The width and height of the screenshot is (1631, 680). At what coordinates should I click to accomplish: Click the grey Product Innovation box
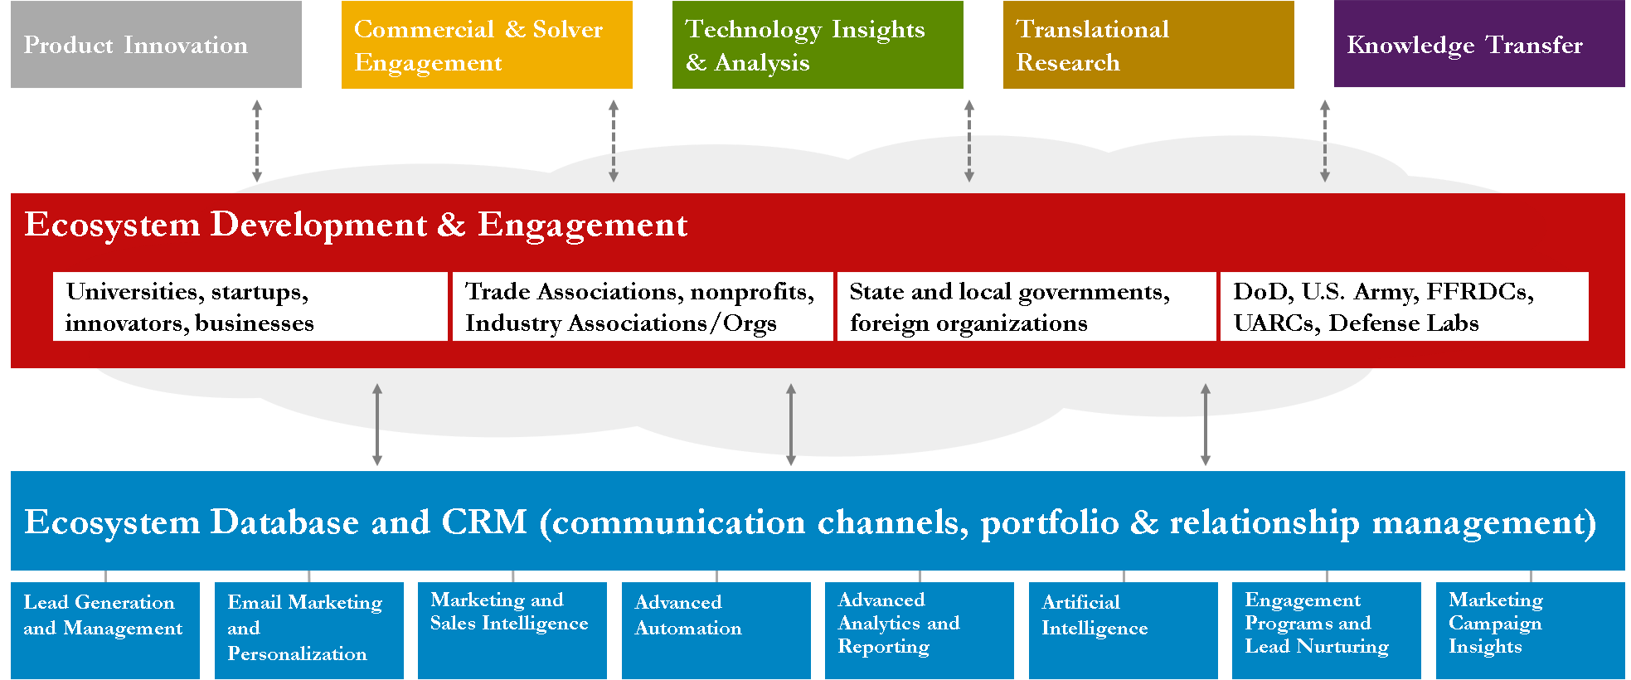click(156, 44)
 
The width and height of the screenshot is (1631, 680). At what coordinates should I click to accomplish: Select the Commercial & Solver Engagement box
click(487, 45)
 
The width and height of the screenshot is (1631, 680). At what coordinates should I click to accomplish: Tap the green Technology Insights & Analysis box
click(818, 45)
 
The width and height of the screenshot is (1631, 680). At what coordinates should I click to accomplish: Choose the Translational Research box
click(1148, 45)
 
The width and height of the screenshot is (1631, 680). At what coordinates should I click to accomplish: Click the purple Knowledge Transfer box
click(1479, 44)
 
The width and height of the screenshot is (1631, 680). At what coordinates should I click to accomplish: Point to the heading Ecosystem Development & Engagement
click(356, 225)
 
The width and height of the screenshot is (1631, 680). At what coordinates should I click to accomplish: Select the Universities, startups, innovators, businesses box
click(250, 306)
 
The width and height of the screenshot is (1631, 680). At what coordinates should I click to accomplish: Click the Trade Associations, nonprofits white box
click(643, 306)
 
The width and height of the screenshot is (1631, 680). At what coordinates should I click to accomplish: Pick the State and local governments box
click(1027, 306)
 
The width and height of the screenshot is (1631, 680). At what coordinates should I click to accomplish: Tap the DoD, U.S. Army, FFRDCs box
click(1405, 306)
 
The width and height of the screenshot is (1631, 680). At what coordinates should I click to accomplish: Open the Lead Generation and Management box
click(105, 630)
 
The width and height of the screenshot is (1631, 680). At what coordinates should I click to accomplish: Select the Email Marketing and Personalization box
click(309, 630)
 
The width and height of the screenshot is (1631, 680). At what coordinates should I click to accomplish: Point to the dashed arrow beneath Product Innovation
click(257, 141)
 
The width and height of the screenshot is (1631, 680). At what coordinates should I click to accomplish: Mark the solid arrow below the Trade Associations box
click(791, 425)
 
